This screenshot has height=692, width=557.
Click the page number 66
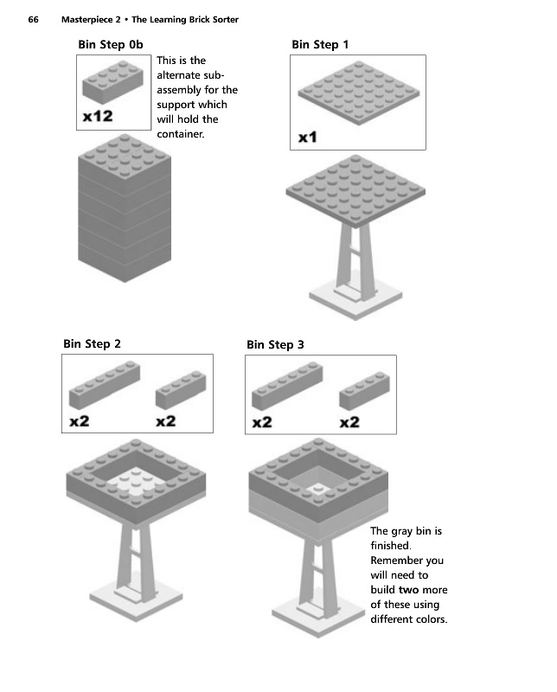[34, 19]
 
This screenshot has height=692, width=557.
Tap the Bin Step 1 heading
[320, 44]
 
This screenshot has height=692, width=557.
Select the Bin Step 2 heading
[92, 343]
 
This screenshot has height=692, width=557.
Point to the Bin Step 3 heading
[275, 344]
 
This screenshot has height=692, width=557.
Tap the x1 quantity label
[308, 137]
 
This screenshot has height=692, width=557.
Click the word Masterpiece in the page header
[90, 19]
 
